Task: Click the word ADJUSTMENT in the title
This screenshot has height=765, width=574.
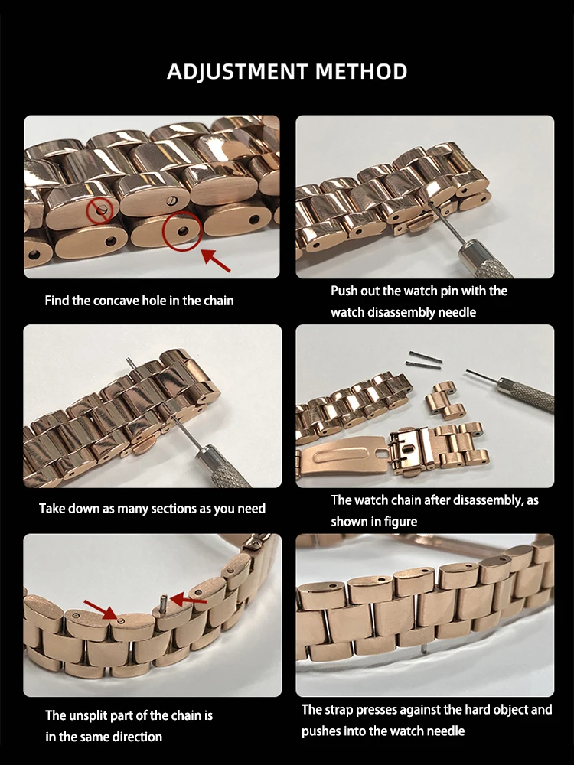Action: coord(236,72)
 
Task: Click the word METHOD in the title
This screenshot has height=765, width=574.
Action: coord(361,71)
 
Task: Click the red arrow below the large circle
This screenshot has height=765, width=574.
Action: coord(216,260)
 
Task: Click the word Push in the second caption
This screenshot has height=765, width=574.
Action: coord(343,291)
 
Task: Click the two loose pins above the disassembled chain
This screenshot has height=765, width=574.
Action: coord(424,359)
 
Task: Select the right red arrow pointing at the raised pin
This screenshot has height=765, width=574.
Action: coord(188,600)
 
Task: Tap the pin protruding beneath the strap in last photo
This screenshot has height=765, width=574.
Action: coord(424,648)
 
